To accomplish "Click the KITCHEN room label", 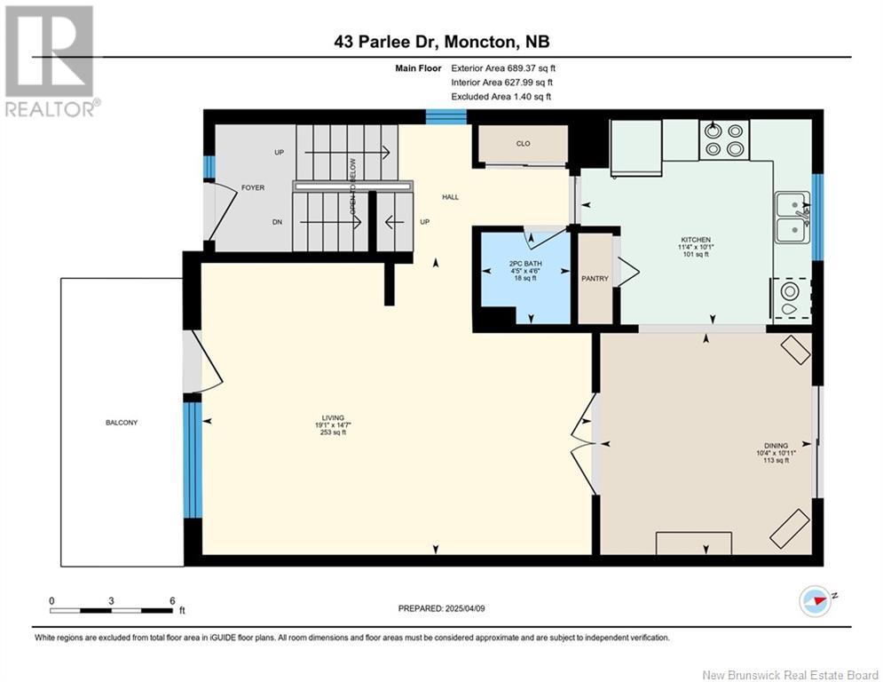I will pyautogui.click(x=695, y=240).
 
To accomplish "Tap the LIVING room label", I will pyautogui.click(x=333, y=417).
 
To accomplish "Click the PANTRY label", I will pyautogui.click(x=595, y=279).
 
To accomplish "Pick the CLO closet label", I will pyautogui.click(x=523, y=143).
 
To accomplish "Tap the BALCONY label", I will pyautogui.click(x=121, y=423).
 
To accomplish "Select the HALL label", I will pyautogui.click(x=451, y=197).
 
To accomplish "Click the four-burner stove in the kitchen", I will pyautogui.click(x=723, y=139).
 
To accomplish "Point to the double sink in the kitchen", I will pyautogui.click(x=791, y=218).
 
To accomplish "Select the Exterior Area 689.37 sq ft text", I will pyautogui.click(x=503, y=67).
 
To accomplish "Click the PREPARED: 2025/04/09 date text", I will pyautogui.click(x=443, y=608).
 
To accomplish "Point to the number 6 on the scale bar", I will pyautogui.click(x=171, y=600).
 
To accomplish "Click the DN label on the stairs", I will pyautogui.click(x=279, y=224).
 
